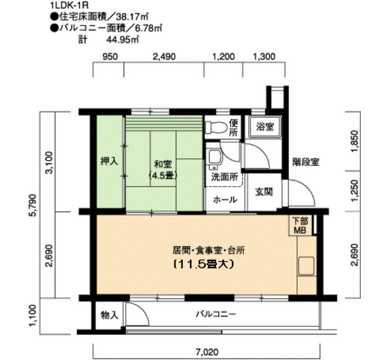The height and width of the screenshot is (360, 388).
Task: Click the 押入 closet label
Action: (109, 162)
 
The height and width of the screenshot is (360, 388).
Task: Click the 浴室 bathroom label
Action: (264, 127)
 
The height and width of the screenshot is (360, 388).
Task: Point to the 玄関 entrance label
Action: (263, 192)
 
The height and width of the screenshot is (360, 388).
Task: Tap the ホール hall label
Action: (225, 199)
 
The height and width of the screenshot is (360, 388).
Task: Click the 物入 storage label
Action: (109, 315)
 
